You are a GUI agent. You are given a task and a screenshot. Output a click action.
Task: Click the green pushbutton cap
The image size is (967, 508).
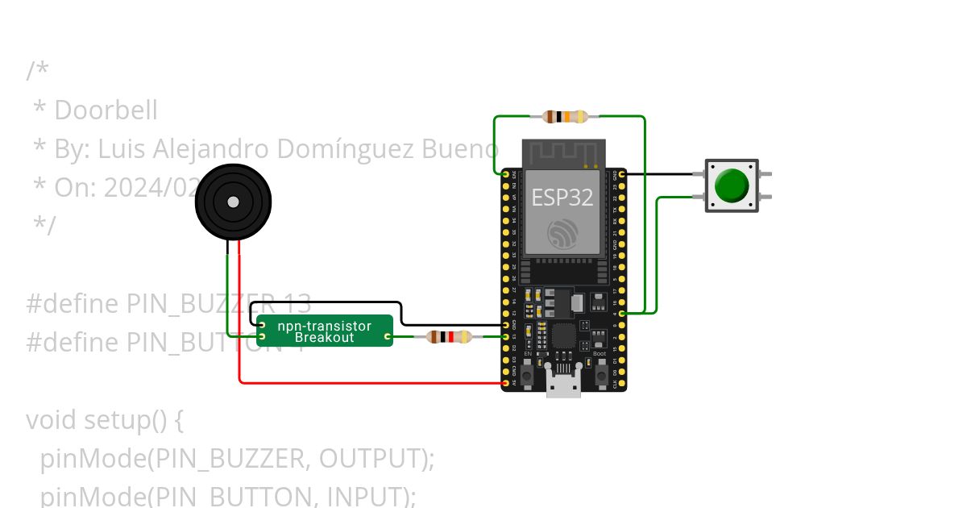pos(732,185)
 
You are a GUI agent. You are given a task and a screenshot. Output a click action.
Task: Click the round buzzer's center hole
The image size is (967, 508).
pos(233,202)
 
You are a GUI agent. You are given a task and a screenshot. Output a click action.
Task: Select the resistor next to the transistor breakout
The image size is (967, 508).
pos(449,336)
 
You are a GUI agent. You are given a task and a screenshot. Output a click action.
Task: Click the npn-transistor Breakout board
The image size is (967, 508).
pos(325,331)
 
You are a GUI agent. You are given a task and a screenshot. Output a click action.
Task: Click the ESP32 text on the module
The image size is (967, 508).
pos(563,198)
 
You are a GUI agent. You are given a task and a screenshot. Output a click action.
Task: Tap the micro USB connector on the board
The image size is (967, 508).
pos(563,382)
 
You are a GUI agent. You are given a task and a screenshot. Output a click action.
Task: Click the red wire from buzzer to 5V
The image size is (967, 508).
pos(363,383)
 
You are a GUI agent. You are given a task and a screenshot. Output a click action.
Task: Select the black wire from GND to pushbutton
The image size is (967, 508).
pos(657,173)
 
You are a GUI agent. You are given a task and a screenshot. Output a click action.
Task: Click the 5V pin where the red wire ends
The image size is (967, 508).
pos(505,383)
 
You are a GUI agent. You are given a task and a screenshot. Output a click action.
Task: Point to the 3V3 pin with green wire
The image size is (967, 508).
pos(505,173)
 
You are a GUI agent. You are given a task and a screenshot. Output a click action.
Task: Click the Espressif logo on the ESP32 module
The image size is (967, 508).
pos(563,233)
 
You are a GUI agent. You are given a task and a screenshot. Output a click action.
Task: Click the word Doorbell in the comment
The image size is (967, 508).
pos(106,110)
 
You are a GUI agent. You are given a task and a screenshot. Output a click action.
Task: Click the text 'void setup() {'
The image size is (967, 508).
pos(106,420)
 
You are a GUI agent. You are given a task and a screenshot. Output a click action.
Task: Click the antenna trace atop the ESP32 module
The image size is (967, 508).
pos(563,152)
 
